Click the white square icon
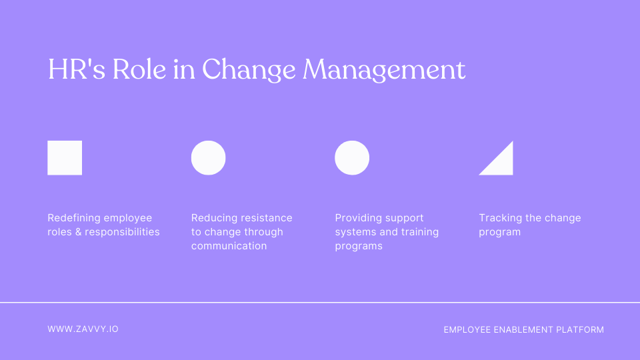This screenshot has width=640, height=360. click(65, 158)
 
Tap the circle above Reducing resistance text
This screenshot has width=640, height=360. click(208, 158)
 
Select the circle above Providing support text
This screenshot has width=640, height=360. click(352, 158)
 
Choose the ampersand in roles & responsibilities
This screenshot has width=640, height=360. click(77, 232)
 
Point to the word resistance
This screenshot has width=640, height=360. click(267, 218)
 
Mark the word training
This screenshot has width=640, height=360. click(419, 232)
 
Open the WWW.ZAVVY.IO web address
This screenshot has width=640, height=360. click(83, 329)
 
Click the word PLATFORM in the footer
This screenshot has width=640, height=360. click(581, 329)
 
